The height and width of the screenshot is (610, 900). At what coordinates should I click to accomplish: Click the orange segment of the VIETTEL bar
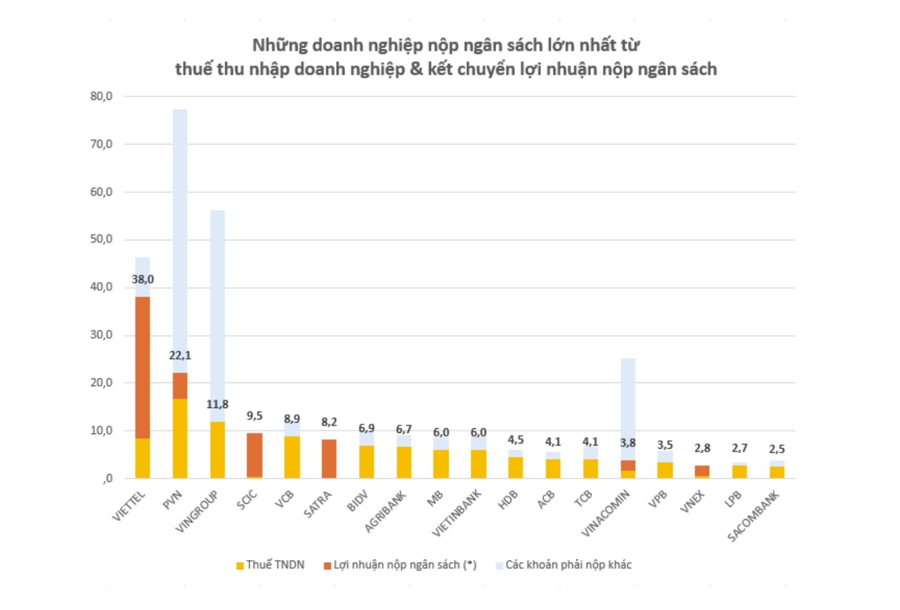142,367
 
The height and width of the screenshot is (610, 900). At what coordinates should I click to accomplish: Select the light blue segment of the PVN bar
180,240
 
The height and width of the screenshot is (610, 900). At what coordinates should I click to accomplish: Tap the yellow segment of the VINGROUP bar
217,449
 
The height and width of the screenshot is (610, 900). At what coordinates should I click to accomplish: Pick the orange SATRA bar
329,459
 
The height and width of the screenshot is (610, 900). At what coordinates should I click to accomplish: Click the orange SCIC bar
254,455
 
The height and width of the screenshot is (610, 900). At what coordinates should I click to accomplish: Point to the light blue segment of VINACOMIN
628,409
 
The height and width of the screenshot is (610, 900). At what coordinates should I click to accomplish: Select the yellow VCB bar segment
292,457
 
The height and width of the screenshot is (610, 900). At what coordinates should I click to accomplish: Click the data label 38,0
143,279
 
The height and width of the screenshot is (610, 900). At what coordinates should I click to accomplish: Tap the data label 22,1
180,355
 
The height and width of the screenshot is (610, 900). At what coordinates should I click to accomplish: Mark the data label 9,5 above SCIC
254,416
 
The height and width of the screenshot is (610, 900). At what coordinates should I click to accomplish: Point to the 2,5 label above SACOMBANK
777,449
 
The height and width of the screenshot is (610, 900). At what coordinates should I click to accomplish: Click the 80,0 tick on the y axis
101,96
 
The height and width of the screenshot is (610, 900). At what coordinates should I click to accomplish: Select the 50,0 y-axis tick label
101,239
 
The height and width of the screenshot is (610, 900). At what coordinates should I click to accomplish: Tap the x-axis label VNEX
693,501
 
